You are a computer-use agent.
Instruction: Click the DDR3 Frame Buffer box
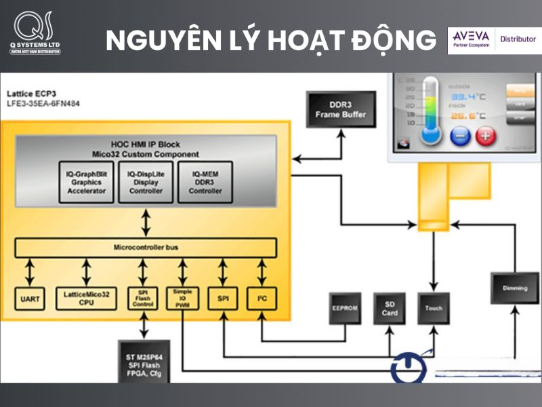(340, 109)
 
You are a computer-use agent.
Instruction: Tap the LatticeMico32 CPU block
(86, 299)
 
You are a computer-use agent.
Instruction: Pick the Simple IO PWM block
(182, 299)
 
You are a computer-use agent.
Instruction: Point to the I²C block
(262, 299)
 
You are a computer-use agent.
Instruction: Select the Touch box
(433, 308)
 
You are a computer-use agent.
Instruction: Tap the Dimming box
(514, 288)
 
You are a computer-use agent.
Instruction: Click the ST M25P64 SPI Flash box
(144, 360)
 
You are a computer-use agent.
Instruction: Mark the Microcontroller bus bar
(146, 247)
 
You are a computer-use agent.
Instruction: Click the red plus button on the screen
(486, 136)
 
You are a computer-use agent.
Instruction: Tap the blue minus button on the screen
(458, 136)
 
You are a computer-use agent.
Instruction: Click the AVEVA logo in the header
(472, 39)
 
